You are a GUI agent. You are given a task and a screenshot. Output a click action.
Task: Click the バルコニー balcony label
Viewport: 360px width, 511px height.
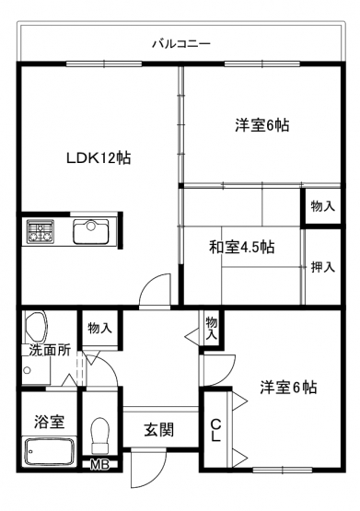181,43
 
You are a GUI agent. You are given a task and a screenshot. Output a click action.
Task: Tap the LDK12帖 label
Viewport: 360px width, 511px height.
99,158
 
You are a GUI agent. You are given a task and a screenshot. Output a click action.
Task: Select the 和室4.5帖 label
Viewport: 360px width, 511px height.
241,247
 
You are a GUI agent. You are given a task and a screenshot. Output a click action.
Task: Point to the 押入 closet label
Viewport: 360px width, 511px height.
322,267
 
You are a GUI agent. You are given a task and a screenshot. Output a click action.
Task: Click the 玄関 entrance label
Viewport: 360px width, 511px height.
159,430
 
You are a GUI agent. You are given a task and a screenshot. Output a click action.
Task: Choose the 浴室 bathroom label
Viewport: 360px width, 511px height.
50,422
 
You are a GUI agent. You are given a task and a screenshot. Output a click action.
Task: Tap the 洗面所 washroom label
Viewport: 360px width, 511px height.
50,350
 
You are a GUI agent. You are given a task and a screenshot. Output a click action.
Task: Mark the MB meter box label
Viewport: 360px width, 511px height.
99,465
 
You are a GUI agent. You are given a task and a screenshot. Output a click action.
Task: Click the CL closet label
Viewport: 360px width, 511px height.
215,430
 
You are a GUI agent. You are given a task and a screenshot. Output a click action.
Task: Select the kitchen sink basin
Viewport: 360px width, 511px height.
91,231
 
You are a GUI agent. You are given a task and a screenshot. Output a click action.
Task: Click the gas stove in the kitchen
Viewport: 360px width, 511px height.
41,231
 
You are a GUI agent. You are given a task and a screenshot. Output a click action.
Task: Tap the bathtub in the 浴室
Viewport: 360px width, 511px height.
50,451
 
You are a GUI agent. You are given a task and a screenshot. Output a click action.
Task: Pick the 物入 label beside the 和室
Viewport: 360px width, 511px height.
322,206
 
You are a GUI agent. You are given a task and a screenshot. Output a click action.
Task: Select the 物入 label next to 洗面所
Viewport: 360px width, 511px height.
100,328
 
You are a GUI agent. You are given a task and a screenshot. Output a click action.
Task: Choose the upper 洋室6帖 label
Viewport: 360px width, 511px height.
262,125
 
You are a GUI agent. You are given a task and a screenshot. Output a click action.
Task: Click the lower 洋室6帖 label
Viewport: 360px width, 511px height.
288,388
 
